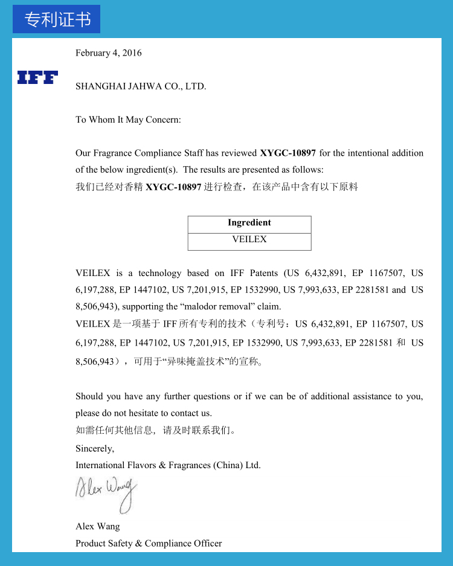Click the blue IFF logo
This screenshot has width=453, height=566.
coord(37,77)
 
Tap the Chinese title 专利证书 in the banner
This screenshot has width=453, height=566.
coord(57,19)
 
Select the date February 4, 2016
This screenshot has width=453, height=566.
coord(109,53)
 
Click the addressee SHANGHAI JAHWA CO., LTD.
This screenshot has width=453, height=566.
coord(141,86)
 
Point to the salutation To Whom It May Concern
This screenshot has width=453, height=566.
coord(128,120)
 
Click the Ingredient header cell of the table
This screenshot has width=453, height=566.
coord(249,223)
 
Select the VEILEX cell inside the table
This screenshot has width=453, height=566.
coord(249,240)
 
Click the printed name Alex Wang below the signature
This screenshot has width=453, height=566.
coord(98,526)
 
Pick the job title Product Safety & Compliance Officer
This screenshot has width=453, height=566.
coord(149,543)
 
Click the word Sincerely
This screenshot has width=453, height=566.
coord(95,448)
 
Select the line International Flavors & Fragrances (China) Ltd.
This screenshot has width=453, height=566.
coord(168,465)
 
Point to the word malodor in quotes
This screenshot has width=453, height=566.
coord(201,307)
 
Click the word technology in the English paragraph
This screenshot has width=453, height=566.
coord(159,273)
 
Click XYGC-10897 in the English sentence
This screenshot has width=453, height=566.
coord(288,153)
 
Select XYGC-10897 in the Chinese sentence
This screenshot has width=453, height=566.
coord(173,187)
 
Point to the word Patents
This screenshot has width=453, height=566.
coord(263,273)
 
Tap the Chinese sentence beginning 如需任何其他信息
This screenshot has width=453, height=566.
coord(155,431)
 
